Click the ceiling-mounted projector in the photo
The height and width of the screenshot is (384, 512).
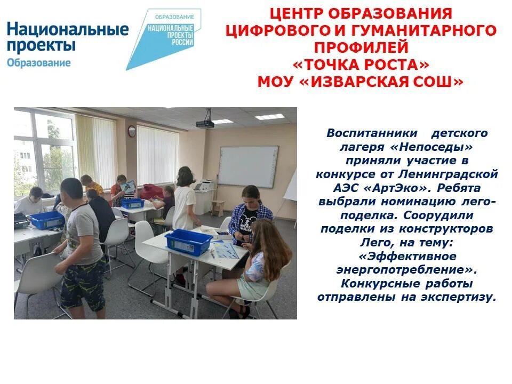[x=205, y=123]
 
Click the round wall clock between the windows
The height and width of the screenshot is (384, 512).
[x=131, y=131]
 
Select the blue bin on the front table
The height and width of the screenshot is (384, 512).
[x=188, y=242]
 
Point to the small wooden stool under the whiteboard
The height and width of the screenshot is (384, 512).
[x=218, y=207]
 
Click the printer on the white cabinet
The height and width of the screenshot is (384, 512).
[x=205, y=185]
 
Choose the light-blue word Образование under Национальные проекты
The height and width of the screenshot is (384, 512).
[x=38, y=63]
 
